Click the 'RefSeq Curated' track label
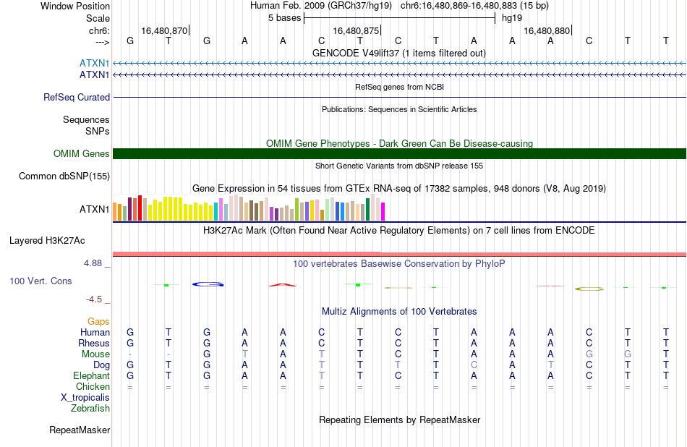[77, 98]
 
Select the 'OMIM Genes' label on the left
[82, 154]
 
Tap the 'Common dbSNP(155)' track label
[64, 176]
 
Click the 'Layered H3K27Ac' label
[47, 241]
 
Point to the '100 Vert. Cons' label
[40, 281]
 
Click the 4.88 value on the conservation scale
[93, 263]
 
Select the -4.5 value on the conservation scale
[94, 299]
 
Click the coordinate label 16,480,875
[356, 30]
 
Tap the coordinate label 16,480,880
[547, 30]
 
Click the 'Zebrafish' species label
[90, 409]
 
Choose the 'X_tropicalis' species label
[85, 398]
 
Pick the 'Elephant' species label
[92, 376]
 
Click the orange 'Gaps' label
[98, 322]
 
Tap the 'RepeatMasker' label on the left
[80, 430]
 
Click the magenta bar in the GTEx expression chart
[383, 211]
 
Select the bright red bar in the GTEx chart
[140, 208]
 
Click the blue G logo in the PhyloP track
[208, 284]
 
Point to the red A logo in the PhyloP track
[283, 285]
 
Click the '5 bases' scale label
[285, 18]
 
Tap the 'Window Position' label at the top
[75, 6]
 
